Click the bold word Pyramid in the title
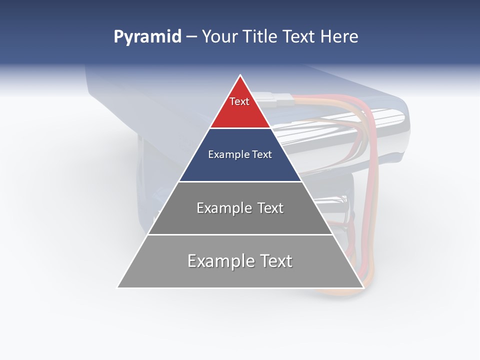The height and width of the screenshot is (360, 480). click(147, 37)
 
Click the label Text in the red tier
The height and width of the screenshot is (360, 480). click(239, 101)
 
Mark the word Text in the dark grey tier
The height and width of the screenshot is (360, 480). click(270, 208)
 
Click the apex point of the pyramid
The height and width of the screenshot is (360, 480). click(240, 76)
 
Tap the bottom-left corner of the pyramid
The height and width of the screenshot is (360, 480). click(118, 287)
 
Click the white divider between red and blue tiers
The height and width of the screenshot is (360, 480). click(240, 128)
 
